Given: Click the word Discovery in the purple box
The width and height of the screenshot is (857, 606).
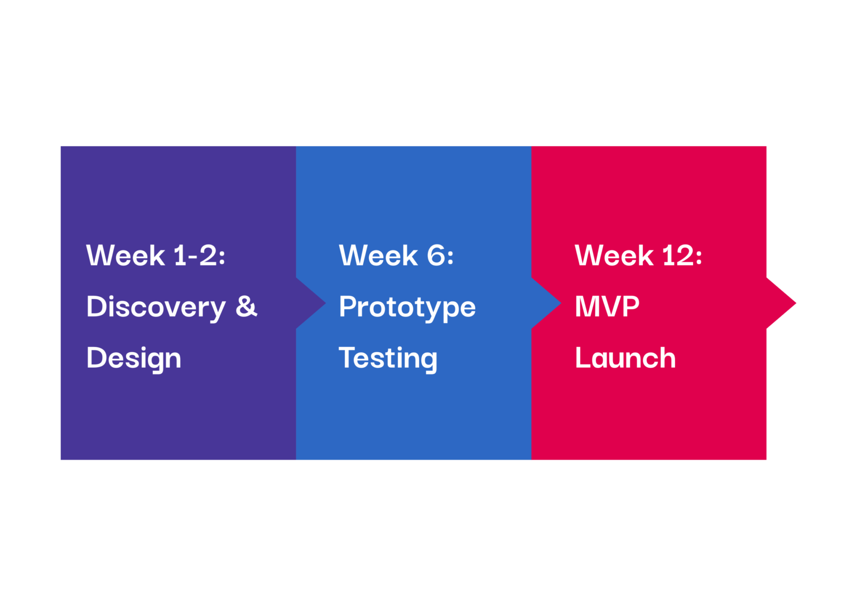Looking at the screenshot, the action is coord(156,308).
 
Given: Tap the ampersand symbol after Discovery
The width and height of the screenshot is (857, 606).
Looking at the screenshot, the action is coord(247,306).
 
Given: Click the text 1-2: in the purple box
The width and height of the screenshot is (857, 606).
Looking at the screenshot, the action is coord(199,255).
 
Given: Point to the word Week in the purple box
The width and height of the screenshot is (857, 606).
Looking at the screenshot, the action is coord(126,255).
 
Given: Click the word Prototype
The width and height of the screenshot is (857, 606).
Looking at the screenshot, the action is coord(407,308).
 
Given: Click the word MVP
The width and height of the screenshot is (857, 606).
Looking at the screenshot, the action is coord(607,306).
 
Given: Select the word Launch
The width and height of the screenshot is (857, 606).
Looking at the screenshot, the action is coord(625,357).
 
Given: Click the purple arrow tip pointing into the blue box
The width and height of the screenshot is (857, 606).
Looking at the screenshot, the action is coord(326,304).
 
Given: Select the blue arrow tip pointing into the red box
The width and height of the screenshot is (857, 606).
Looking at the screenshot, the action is coord(561,304).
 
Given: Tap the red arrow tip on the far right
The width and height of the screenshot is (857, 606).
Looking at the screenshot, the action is coord(796,304).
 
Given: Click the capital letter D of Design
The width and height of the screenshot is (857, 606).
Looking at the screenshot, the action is coord(97,357).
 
